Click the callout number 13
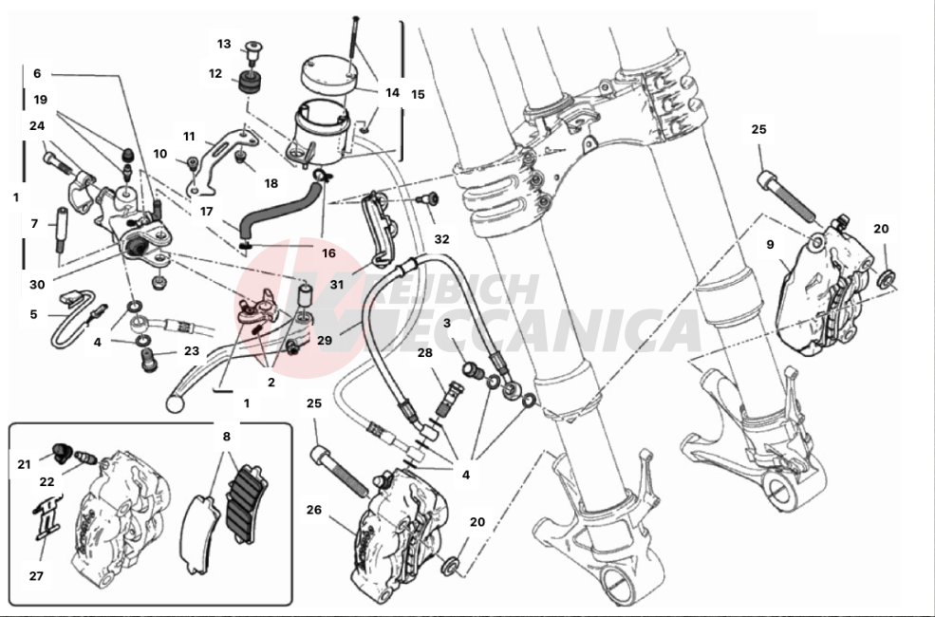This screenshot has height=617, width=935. [x=224, y=44]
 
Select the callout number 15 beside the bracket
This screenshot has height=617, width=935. [x=418, y=94]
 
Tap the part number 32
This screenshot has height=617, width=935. [x=441, y=239]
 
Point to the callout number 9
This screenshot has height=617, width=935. [x=771, y=243]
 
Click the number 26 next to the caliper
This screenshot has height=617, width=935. [x=314, y=510]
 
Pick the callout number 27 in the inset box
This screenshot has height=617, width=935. [x=36, y=575]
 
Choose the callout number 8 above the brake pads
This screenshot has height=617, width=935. [x=226, y=437]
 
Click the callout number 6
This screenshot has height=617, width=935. [x=37, y=73]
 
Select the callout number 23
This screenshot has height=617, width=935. [x=191, y=349]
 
